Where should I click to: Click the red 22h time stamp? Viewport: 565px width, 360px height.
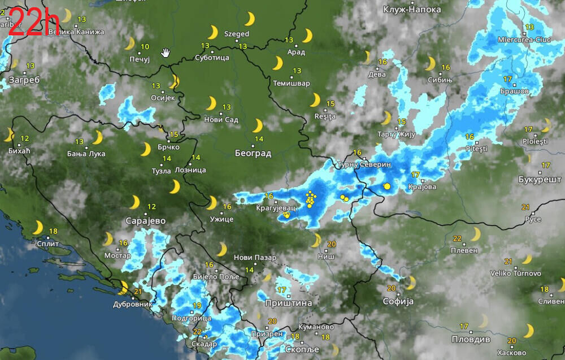[x=34, y=24]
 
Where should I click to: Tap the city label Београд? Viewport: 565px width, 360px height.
[x=253, y=153]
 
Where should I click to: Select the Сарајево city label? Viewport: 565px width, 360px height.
[x=146, y=220]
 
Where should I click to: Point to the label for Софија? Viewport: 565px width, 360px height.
[x=399, y=301]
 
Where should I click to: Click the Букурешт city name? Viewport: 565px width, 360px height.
[x=540, y=179]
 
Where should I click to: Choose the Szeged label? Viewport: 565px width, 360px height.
[x=237, y=34]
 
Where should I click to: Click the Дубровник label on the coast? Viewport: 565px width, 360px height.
[x=133, y=303]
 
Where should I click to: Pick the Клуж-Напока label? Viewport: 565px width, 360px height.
[x=412, y=10]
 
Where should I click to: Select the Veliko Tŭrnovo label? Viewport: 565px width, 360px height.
[x=515, y=274]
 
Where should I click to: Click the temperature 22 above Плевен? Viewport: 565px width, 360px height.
[x=457, y=238]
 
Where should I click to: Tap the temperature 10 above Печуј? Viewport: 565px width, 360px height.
[x=145, y=47]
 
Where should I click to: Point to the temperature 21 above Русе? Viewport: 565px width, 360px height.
[x=525, y=207]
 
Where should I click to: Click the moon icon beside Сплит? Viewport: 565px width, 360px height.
[x=37, y=227]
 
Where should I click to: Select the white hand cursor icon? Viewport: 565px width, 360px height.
[x=166, y=53]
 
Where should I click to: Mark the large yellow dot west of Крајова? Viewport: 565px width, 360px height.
[x=387, y=186]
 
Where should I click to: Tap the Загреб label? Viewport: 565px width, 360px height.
[x=24, y=80]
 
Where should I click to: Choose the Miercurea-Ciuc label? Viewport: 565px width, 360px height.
[x=524, y=40]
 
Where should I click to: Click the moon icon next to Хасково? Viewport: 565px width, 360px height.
[x=528, y=330]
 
